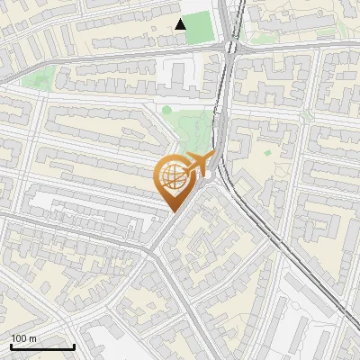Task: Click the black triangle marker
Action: point(181,24)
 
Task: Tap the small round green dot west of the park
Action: point(166,111)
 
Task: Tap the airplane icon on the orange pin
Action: point(200,165)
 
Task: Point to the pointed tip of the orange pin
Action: point(171,211)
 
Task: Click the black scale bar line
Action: point(42,346)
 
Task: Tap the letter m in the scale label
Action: point(33,338)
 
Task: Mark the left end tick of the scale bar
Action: point(11,345)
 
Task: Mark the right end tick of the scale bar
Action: point(75,345)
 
